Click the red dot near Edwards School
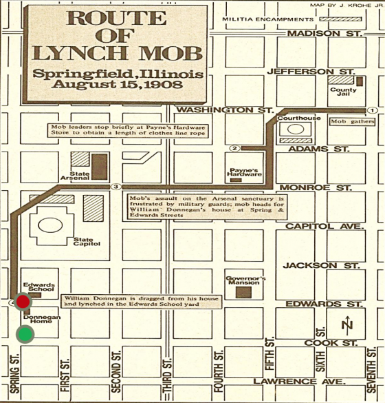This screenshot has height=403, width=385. (23, 301)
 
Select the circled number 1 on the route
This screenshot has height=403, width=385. (371, 110)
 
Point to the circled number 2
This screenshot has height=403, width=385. (234, 147)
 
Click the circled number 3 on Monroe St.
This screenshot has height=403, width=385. (116, 187)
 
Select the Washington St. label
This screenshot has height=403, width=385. (225, 110)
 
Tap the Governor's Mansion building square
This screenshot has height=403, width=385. (243, 292)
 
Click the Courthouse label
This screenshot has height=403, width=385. (290, 116)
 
